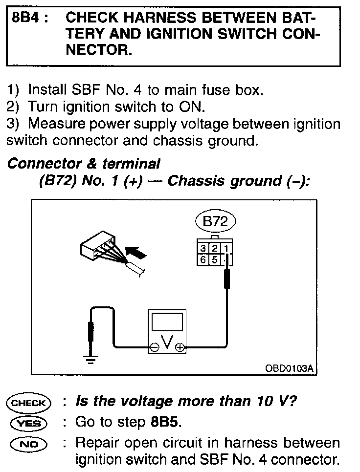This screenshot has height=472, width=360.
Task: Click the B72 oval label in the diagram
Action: pos(215,221)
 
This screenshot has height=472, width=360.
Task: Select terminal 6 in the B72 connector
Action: pos(203,259)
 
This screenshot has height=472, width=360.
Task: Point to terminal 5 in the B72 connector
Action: pos(214,259)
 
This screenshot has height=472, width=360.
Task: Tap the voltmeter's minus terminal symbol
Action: pos(154,348)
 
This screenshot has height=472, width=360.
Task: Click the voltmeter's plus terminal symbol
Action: pos(180,348)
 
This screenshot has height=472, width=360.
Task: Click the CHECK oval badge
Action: pos(28,403)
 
